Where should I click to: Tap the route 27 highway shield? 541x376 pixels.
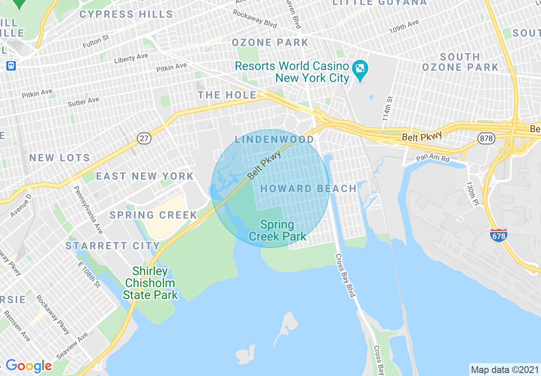(x=144, y=138)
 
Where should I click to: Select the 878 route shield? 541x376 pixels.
(x=486, y=138)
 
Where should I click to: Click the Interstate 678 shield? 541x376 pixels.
(x=499, y=234)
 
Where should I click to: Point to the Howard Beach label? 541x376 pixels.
(x=308, y=188)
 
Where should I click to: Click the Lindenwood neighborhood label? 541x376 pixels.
(x=274, y=139)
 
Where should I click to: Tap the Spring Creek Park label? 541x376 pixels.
(x=277, y=230)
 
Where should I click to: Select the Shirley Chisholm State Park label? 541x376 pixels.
(x=150, y=283)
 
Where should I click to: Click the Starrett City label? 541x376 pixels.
(x=113, y=246)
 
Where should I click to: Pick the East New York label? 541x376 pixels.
(x=145, y=176)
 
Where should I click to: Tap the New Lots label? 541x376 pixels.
(x=60, y=158)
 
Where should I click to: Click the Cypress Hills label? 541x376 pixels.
(x=126, y=14)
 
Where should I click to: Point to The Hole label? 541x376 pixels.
(x=227, y=95)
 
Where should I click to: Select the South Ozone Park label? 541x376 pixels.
(x=460, y=62)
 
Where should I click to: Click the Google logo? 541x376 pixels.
(x=29, y=366)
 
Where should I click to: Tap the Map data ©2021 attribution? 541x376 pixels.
(x=504, y=369)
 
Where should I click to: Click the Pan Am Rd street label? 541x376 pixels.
(x=433, y=159)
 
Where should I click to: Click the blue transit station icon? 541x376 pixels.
(x=11, y=66)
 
